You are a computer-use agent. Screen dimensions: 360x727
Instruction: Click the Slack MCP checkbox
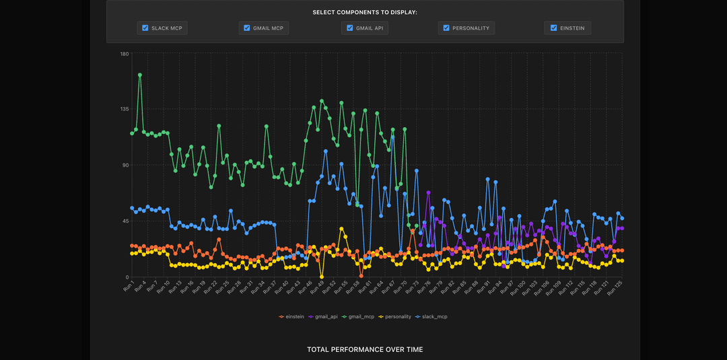145,28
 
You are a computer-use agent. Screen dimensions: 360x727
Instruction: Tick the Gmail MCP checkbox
247,28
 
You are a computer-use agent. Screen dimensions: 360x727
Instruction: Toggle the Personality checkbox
446,28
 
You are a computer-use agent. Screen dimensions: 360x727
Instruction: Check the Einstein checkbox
553,28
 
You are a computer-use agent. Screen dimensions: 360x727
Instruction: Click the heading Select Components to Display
365,12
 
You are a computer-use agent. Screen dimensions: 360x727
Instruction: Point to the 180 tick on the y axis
125,54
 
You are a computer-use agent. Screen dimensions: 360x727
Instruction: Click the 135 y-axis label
125,109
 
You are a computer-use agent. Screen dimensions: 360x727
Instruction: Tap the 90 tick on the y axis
126,165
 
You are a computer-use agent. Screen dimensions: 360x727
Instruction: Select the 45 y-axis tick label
126,221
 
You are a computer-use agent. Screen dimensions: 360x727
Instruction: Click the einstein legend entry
292,316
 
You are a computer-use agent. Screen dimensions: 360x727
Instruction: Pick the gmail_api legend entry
325,316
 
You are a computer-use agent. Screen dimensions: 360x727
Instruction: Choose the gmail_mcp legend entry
359,316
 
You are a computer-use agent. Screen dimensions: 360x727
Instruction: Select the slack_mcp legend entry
432,316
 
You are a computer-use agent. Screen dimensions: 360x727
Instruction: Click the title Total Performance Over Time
365,349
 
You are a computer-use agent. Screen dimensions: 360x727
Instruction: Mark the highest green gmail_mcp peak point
140,75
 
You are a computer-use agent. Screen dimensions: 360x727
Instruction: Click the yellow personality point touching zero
322,277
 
